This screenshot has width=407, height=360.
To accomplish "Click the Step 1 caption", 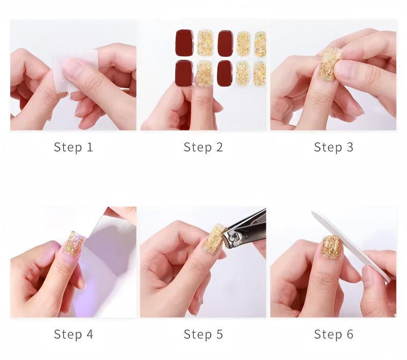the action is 74,147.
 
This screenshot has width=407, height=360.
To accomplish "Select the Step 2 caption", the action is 203,147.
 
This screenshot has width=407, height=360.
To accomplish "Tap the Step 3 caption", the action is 333,147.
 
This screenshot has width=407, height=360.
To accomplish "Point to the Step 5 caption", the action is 203,334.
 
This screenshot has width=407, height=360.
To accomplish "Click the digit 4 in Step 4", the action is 90,334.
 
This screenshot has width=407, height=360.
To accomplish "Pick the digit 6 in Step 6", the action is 350,334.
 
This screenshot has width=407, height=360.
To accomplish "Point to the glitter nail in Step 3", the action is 329,63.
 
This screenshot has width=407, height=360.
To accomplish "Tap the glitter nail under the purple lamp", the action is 74,243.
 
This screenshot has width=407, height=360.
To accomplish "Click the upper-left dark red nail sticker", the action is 184,43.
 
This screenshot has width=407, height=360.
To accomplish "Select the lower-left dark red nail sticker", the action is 184,74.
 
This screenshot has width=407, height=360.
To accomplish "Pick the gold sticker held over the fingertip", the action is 205,73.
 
